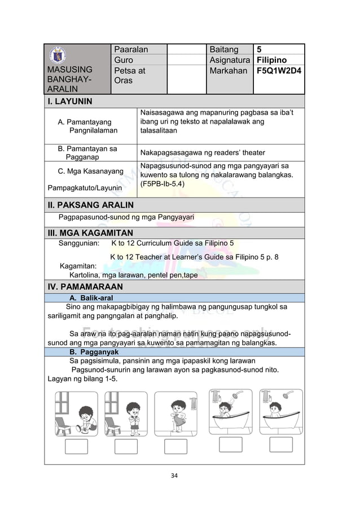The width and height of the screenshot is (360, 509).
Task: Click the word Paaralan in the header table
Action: [131, 50]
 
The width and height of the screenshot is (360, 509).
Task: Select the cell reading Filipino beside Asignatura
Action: [271, 60]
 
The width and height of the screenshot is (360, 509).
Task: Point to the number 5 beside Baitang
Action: [258, 50]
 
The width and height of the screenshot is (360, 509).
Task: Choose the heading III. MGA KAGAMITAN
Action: [90, 233]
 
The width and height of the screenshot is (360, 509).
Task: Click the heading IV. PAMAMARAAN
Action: [85, 287]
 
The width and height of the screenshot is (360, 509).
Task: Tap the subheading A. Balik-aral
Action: [91, 297]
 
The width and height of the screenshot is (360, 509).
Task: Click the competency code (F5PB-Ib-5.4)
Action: [164, 184]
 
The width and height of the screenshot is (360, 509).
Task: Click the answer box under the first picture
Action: [77, 446]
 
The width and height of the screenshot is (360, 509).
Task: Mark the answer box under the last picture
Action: [280, 445]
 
